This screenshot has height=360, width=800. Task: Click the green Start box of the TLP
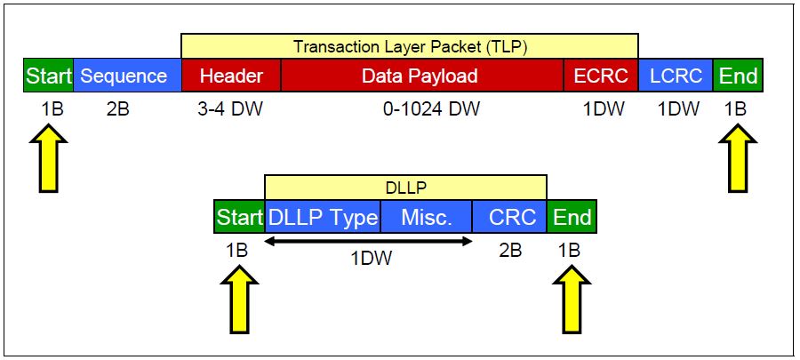pyautogui.click(x=48, y=76)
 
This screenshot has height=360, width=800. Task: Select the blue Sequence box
pyautogui.click(x=124, y=76)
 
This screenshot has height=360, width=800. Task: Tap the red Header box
pyautogui.click(x=230, y=76)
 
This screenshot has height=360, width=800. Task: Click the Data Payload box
pyautogui.click(x=420, y=76)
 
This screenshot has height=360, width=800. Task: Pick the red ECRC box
pyautogui.click(x=600, y=76)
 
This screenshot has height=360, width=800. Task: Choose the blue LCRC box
pyautogui.click(x=675, y=76)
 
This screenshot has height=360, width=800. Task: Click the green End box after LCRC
pyautogui.click(x=738, y=76)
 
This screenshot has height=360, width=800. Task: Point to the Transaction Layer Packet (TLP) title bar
pyautogui.click(x=409, y=45)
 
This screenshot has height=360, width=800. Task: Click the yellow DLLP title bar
pyautogui.click(x=405, y=187)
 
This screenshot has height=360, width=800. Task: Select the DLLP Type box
pyautogui.click(x=323, y=217)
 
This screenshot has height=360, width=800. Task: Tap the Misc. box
pyautogui.click(x=426, y=217)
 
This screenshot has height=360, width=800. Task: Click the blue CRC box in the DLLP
pyautogui.click(x=509, y=217)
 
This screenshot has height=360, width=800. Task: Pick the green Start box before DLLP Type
pyautogui.click(x=239, y=217)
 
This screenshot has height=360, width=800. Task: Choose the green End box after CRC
pyautogui.click(x=572, y=217)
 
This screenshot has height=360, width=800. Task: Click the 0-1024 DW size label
pyautogui.click(x=421, y=109)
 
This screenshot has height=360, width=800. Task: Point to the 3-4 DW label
pyautogui.click(x=231, y=109)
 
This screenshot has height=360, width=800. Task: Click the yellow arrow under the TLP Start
pyautogui.click(x=48, y=157)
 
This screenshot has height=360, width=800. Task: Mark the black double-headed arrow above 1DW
pyautogui.click(x=368, y=240)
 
